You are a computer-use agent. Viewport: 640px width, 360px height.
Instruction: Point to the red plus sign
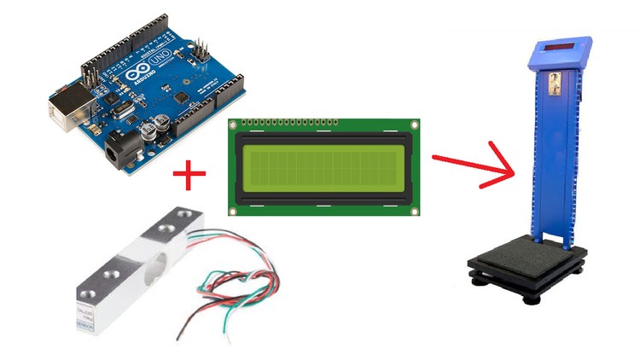189,177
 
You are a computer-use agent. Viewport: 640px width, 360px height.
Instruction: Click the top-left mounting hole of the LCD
233,125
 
